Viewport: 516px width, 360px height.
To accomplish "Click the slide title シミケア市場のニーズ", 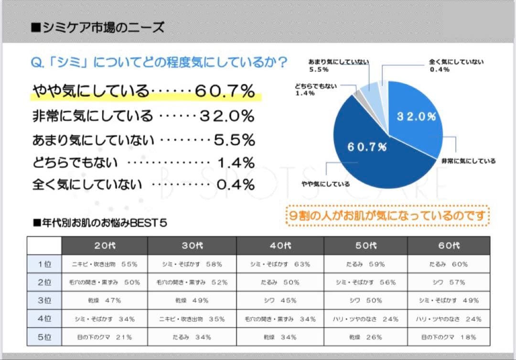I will pos(97,27).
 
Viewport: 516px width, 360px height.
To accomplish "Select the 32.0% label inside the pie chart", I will pos(416,117).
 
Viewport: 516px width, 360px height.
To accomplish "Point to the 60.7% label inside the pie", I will pos(367,147).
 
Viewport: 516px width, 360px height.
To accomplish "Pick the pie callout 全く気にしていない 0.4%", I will pos(456,65).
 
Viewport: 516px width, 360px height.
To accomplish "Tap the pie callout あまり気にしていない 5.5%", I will pos(338,65).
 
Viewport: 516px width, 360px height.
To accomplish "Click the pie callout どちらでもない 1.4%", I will pos(316,89).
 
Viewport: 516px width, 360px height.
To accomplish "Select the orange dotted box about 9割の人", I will pos(387,216).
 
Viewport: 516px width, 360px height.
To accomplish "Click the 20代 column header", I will pos(105,246).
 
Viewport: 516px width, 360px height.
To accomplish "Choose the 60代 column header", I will pos(449,246).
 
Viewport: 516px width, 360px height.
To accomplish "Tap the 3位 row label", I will pos(44,301).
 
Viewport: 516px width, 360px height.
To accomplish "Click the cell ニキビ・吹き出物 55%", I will pos(105,264).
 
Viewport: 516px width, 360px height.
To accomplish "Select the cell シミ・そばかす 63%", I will pos(280,264).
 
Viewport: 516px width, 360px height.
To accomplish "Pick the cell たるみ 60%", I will pos(449,264).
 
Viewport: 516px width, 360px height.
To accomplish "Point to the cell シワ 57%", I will pos(449,282).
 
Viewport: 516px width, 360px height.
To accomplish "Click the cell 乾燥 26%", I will pos(365,337).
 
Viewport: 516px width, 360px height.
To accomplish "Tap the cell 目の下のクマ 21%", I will pos(105,337).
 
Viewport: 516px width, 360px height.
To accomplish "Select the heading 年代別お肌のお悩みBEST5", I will pos(100,223).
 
